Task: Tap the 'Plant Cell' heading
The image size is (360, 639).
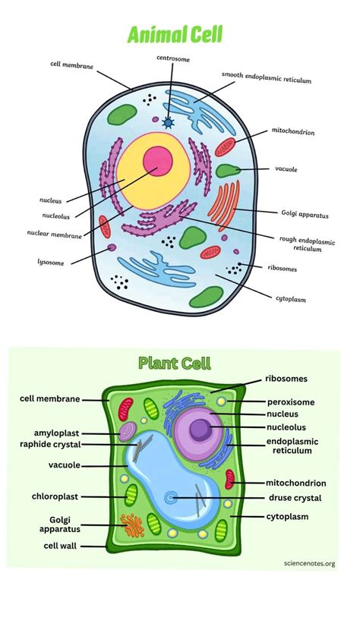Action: pos(175,364)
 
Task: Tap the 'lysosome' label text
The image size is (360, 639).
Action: pos(52,263)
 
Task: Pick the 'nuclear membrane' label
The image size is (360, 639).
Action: pos(55,236)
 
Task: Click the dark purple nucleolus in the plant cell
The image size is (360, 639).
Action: pos(201,430)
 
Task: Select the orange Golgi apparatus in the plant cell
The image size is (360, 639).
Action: pos(132,523)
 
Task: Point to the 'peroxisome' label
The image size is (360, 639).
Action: pos(290,401)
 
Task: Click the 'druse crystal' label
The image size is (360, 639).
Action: pos(295,498)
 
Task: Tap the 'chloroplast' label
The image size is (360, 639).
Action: pos(55,496)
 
